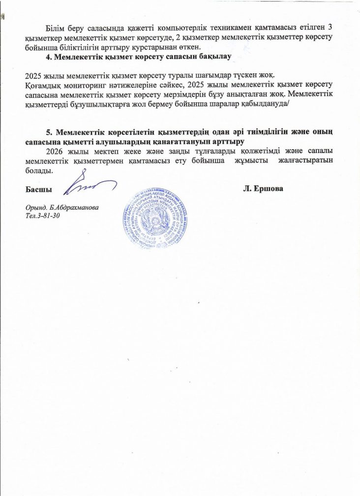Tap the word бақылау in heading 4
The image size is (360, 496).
213,58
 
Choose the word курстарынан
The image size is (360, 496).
161,47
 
